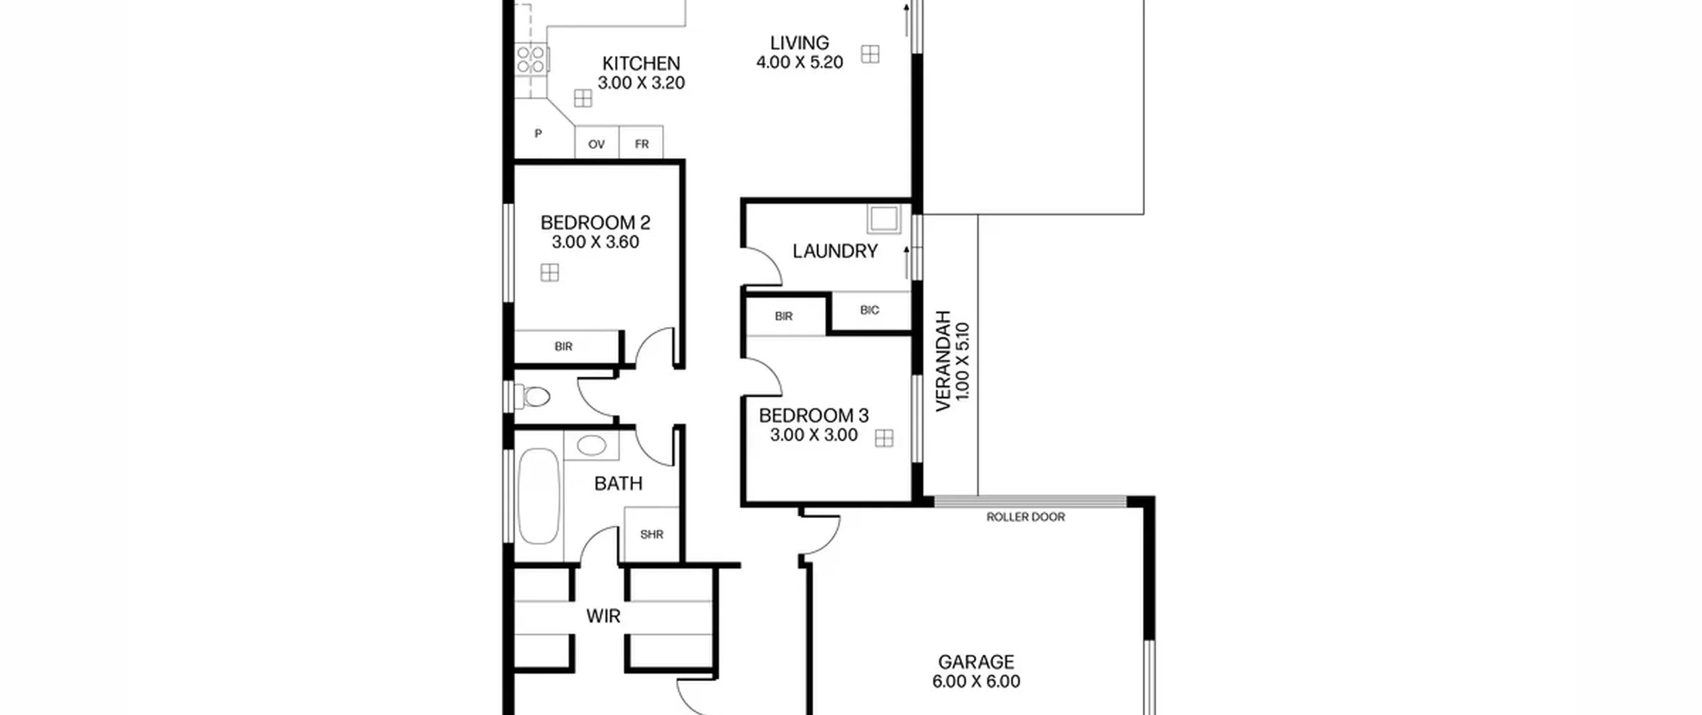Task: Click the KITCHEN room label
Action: click(641, 63)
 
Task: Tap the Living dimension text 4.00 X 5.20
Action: click(799, 62)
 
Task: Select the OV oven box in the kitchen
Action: click(596, 142)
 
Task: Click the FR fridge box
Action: click(641, 142)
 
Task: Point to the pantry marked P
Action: click(538, 134)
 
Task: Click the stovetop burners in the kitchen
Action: click(531, 59)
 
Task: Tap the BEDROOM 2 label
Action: click(595, 222)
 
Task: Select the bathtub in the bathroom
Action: click(539, 496)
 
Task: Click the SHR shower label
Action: click(652, 534)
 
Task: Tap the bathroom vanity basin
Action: click(591, 445)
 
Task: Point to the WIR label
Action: click(603, 616)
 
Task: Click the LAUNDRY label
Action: click(835, 251)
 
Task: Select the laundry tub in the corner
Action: click(884, 219)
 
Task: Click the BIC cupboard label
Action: click(870, 310)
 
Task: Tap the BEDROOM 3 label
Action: click(814, 416)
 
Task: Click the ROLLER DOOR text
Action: click(1025, 517)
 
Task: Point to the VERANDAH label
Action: click(943, 361)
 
